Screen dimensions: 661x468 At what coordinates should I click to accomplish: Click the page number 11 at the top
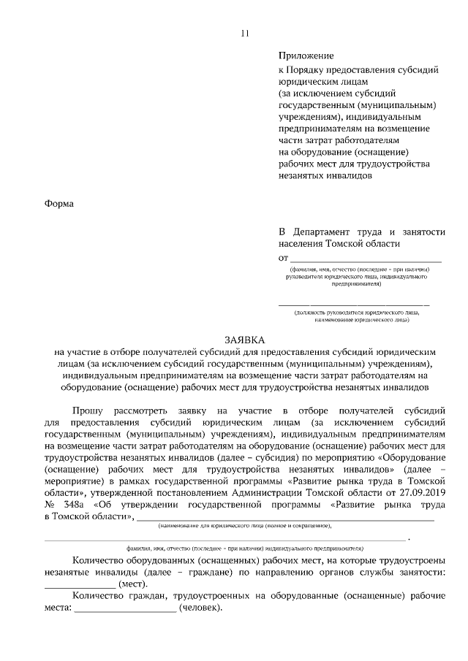[x=244, y=33]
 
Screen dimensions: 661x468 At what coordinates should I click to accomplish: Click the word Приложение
[x=306, y=56]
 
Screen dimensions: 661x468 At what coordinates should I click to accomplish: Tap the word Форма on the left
[x=59, y=203]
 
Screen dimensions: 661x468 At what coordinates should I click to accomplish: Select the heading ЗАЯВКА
[x=245, y=340]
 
